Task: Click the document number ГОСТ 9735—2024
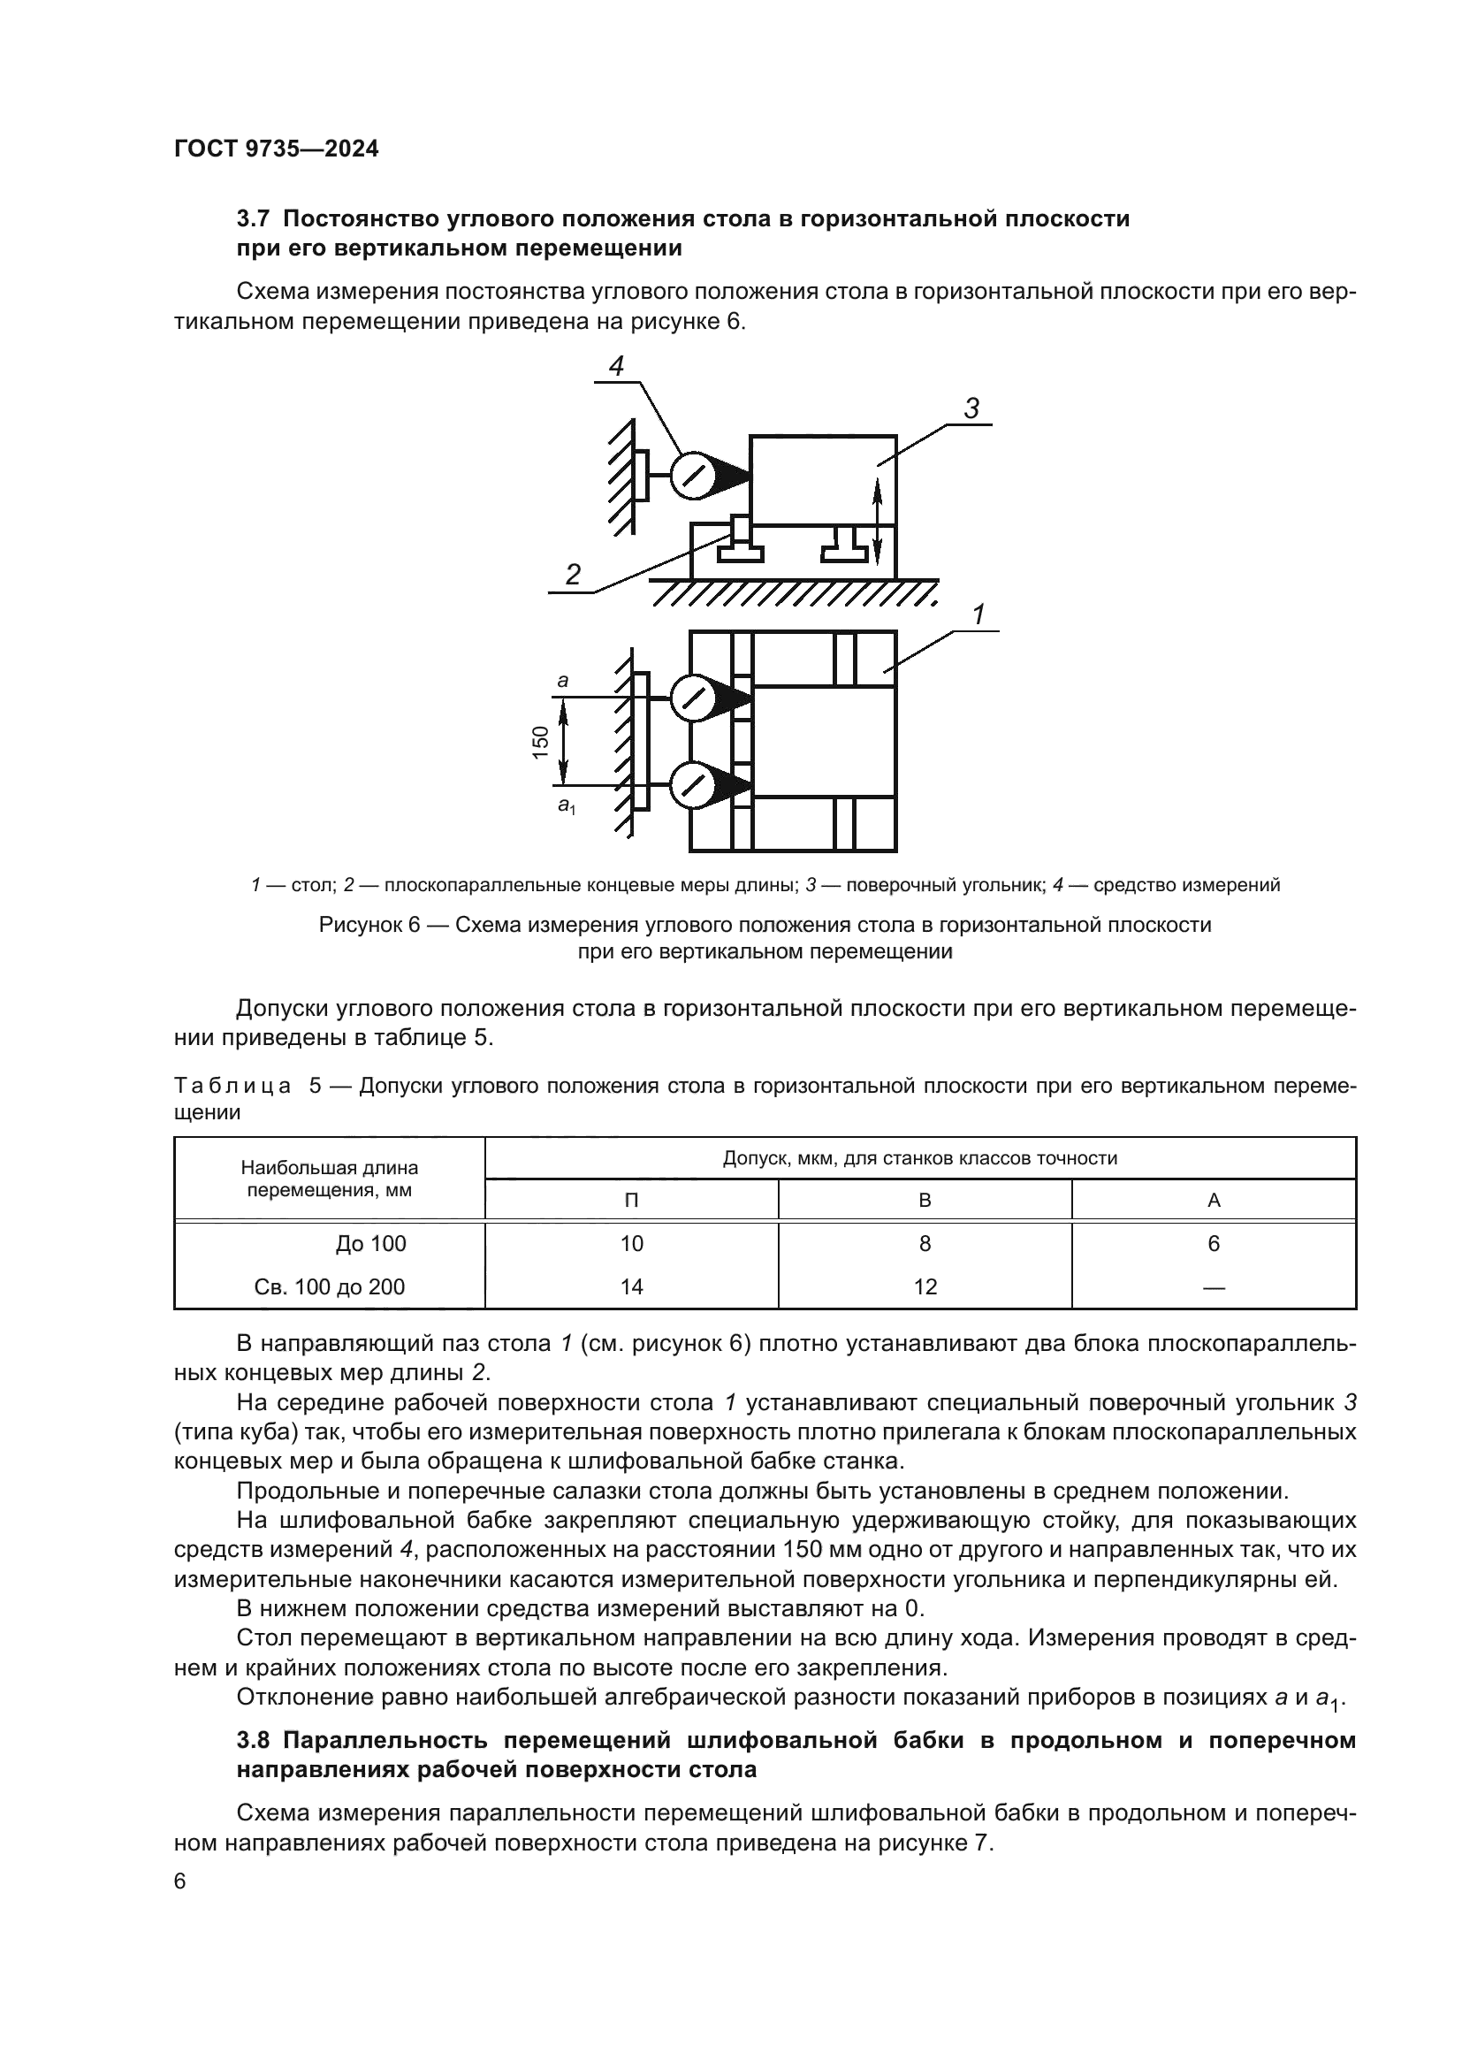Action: coord(276,149)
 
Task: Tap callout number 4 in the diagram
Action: coord(617,366)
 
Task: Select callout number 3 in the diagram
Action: coord(971,409)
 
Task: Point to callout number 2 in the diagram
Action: coord(573,575)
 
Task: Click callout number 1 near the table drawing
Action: coord(978,614)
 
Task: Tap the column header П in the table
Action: coord(631,1201)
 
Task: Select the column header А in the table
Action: coord(1213,1201)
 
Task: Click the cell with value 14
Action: coord(631,1287)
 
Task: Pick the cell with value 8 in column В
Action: coord(925,1244)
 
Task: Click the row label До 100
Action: coord(371,1244)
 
